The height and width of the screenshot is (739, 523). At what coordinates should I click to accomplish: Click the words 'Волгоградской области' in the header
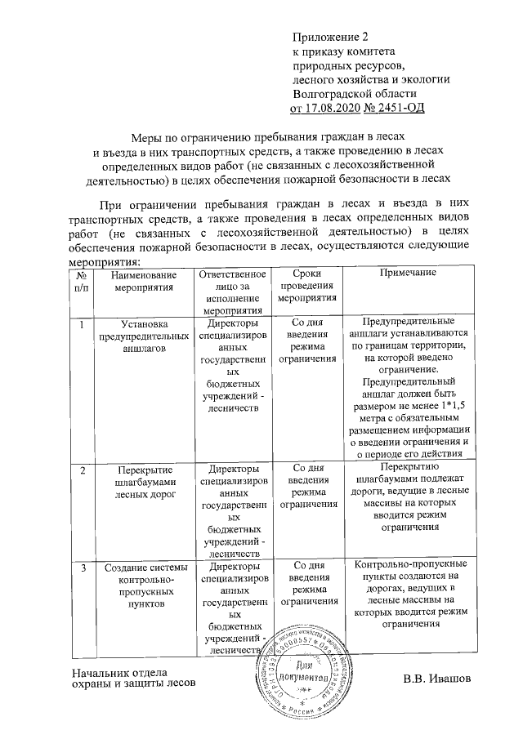point(350,93)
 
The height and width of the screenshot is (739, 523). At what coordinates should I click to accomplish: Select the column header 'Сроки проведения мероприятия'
point(309,287)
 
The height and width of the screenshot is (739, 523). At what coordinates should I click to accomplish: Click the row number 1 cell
point(81,325)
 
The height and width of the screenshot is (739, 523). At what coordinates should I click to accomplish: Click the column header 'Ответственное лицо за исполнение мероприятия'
point(234,293)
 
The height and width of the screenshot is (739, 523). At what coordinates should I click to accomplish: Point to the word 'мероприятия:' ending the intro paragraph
point(102,262)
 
